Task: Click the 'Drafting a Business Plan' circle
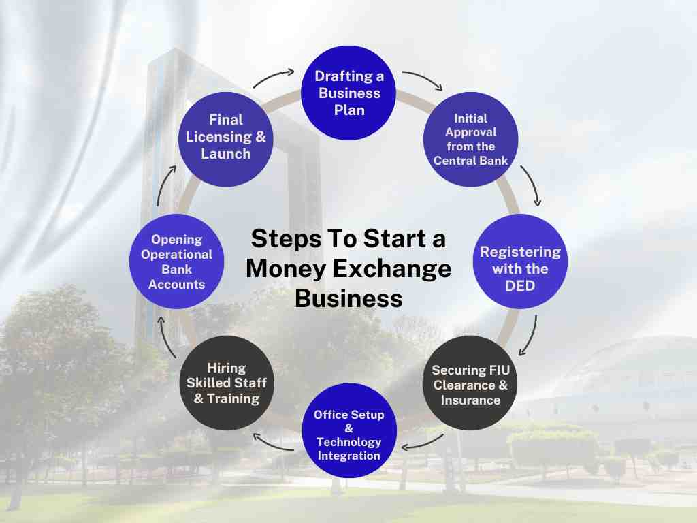[x=349, y=93]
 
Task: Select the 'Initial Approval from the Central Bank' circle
[x=470, y=139]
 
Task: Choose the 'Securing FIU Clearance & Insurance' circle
[x=470, y=383]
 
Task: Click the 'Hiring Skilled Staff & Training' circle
[x=227, y=383]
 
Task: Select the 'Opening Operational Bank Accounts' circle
[x=177, y=261]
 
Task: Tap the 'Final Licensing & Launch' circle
[x=226, y=137]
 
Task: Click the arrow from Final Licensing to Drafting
[x=274, y=77]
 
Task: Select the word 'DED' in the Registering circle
[x=520, y=286]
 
